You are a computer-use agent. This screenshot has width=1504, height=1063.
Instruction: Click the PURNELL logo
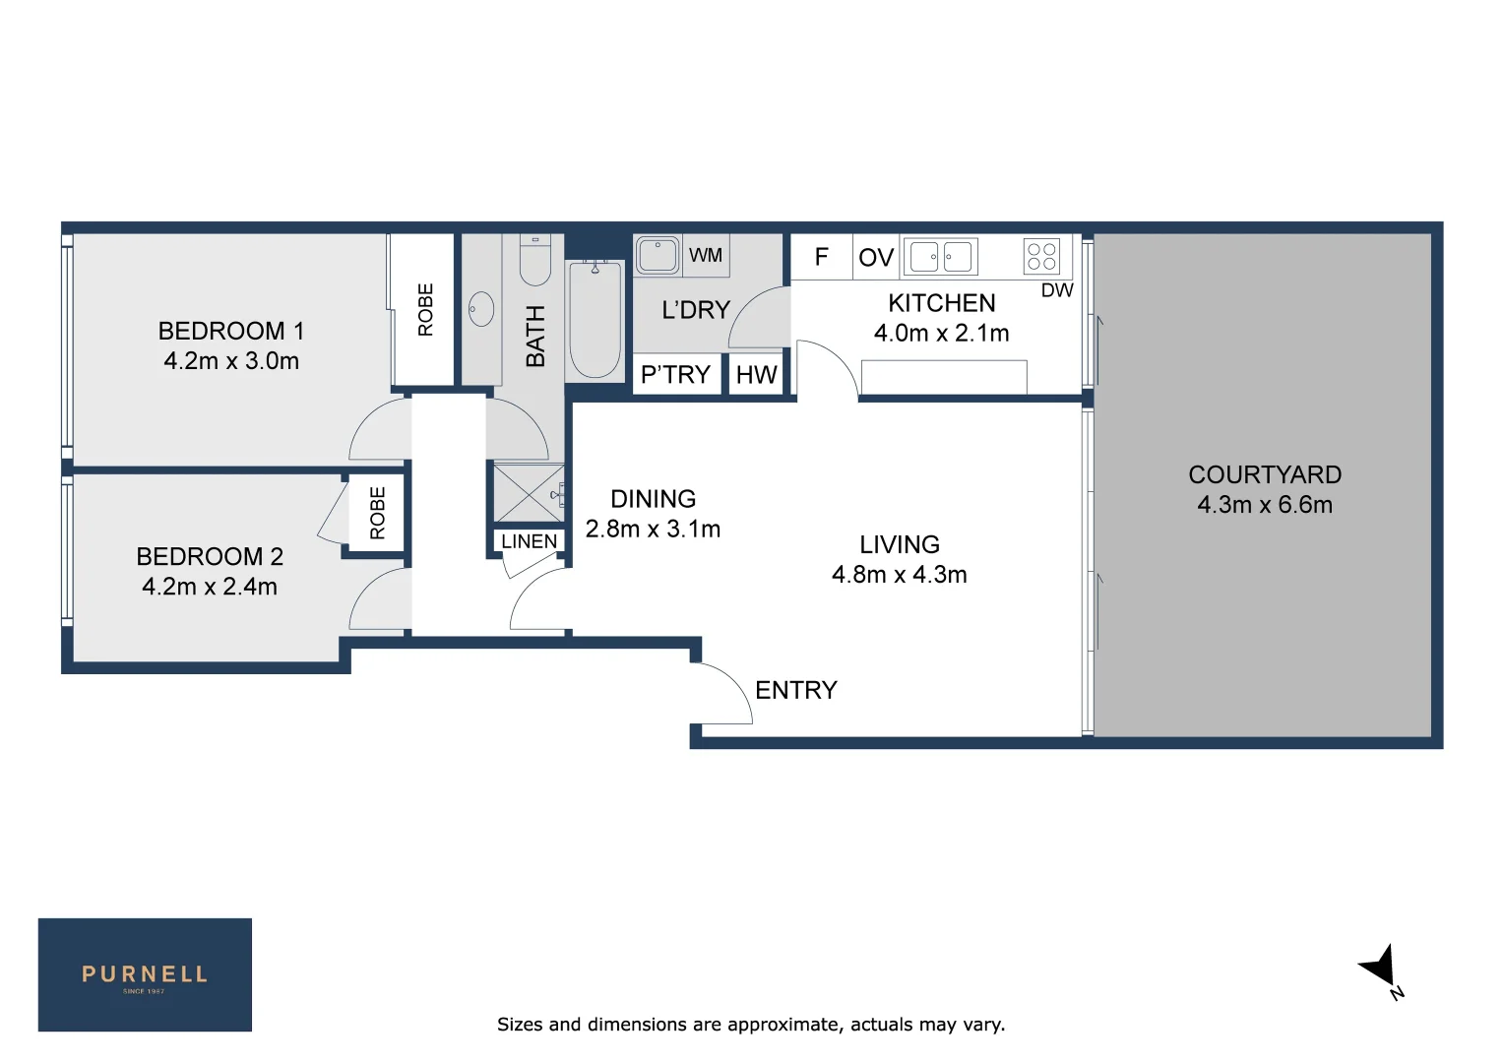[145, 974]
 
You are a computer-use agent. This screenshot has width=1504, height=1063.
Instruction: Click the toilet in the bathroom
[535, 260]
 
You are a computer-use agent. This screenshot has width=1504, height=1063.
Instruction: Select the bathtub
[595, 320]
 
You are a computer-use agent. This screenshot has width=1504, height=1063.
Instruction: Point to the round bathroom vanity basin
[480, 309]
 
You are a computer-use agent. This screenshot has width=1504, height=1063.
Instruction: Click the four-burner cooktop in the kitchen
[1041, 257]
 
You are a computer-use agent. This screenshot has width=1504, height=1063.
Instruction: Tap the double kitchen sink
[940, 257]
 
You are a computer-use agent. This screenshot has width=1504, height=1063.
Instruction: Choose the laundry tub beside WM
[658, 255]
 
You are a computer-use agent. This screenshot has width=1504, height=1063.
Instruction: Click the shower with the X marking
[530, 493]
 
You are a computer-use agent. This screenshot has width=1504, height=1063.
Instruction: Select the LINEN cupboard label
[530, 541]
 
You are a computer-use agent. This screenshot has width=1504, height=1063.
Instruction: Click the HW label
[756, 375]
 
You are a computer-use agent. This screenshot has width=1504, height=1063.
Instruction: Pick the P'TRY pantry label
[675, 374]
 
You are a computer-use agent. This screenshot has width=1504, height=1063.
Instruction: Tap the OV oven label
[876, 257]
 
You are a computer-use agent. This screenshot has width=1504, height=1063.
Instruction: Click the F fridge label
[821, 257]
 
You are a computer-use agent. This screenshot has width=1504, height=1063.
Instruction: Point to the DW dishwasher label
[1057, 290]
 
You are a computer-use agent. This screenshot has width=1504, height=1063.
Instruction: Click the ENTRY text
[795, 690]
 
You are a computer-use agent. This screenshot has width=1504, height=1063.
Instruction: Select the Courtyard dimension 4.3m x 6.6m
[1264, 504]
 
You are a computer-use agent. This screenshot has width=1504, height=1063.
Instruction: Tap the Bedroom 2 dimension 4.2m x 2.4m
[210, 587]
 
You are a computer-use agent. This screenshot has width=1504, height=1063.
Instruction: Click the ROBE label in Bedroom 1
[425, 310]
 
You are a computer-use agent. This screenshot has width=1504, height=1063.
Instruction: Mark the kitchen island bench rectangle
[943, 377]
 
